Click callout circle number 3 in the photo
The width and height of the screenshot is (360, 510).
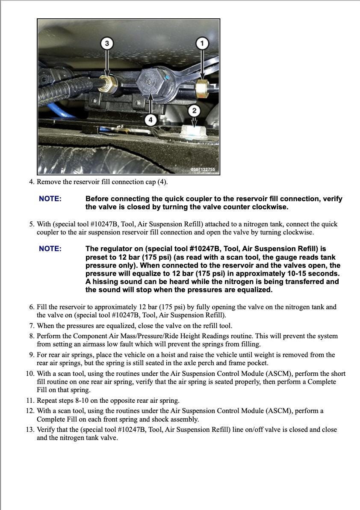coord(107,43)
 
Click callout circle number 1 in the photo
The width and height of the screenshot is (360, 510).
coord(202,43)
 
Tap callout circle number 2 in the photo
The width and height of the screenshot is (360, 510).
coord(195,111)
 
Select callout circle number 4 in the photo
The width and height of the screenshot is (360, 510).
coord(150,120)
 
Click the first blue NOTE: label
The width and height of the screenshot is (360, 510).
coord(50,199)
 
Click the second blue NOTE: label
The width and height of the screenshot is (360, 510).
coord(50,249)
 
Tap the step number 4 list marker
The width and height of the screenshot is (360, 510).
coord(32,182)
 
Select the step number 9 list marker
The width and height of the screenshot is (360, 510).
coord(32,355)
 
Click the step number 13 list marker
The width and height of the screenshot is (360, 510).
coord(30,430)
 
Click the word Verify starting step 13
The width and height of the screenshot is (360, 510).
coord(46,430)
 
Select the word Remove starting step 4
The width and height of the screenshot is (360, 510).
coord(49,182)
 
